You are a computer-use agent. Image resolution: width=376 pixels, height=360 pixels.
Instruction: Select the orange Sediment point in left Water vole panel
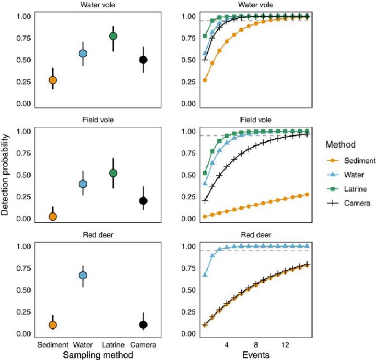52,80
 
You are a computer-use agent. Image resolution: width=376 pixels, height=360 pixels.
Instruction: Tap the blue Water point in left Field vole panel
83,184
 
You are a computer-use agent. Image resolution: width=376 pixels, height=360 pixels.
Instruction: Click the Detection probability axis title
7,173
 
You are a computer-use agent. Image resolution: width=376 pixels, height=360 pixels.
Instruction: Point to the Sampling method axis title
98,355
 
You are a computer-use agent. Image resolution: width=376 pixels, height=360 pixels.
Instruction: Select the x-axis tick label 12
286,345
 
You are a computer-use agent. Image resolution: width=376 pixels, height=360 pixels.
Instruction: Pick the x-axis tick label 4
227,345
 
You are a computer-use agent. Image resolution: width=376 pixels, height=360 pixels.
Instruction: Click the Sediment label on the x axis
52,345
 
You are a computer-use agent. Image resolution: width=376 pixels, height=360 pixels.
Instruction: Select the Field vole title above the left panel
98,119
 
